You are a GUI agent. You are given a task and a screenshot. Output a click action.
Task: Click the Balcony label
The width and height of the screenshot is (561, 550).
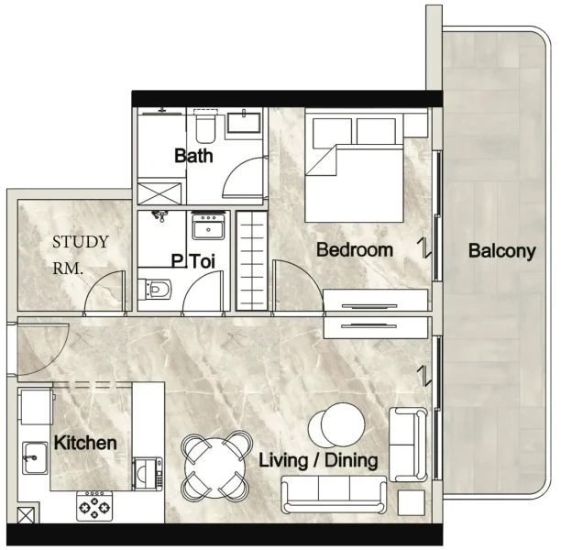(x=501, y=251)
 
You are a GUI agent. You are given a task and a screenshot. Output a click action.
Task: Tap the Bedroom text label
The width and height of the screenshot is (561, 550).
(x=354, y=249)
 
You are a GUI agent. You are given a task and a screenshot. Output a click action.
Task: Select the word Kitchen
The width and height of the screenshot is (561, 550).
(x=85, y=443)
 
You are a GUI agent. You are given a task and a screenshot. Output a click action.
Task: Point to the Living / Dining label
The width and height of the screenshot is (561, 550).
(x=318, y=459)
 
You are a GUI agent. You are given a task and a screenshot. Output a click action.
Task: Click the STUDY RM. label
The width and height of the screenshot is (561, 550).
(x=81, y=256)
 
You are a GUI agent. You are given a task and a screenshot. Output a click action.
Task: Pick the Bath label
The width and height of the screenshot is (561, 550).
(x=193, y=156)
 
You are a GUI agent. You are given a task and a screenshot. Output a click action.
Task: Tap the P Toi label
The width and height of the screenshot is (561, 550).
(x=193, y=262)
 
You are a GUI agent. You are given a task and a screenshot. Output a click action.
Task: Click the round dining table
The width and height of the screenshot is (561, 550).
(x=216, y=465)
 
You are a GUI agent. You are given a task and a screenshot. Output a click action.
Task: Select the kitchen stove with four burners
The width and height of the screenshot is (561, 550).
(x=93, y=505)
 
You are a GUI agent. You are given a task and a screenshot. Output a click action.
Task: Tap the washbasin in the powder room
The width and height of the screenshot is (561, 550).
(x=210, y=226)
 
